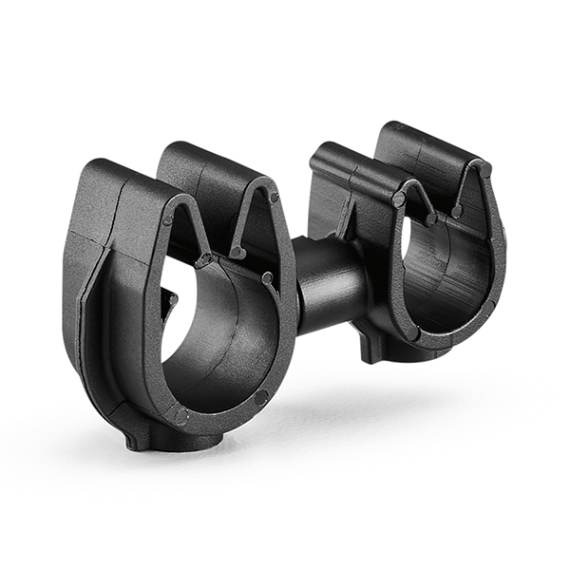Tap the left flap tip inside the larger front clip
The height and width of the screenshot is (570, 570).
click(204, 258)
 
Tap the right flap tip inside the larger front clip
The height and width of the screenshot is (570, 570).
click(238, 253)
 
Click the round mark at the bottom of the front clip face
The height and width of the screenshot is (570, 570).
click(180, 415)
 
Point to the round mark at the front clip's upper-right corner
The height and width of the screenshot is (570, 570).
click(274, 198)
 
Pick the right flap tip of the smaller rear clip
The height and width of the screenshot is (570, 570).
click(457, 212)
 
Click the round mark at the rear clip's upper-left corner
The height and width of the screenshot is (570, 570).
click(400, 199)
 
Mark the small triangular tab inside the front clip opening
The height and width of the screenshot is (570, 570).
click(170, 302)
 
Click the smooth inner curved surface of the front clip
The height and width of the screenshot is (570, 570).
click(228, 342)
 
